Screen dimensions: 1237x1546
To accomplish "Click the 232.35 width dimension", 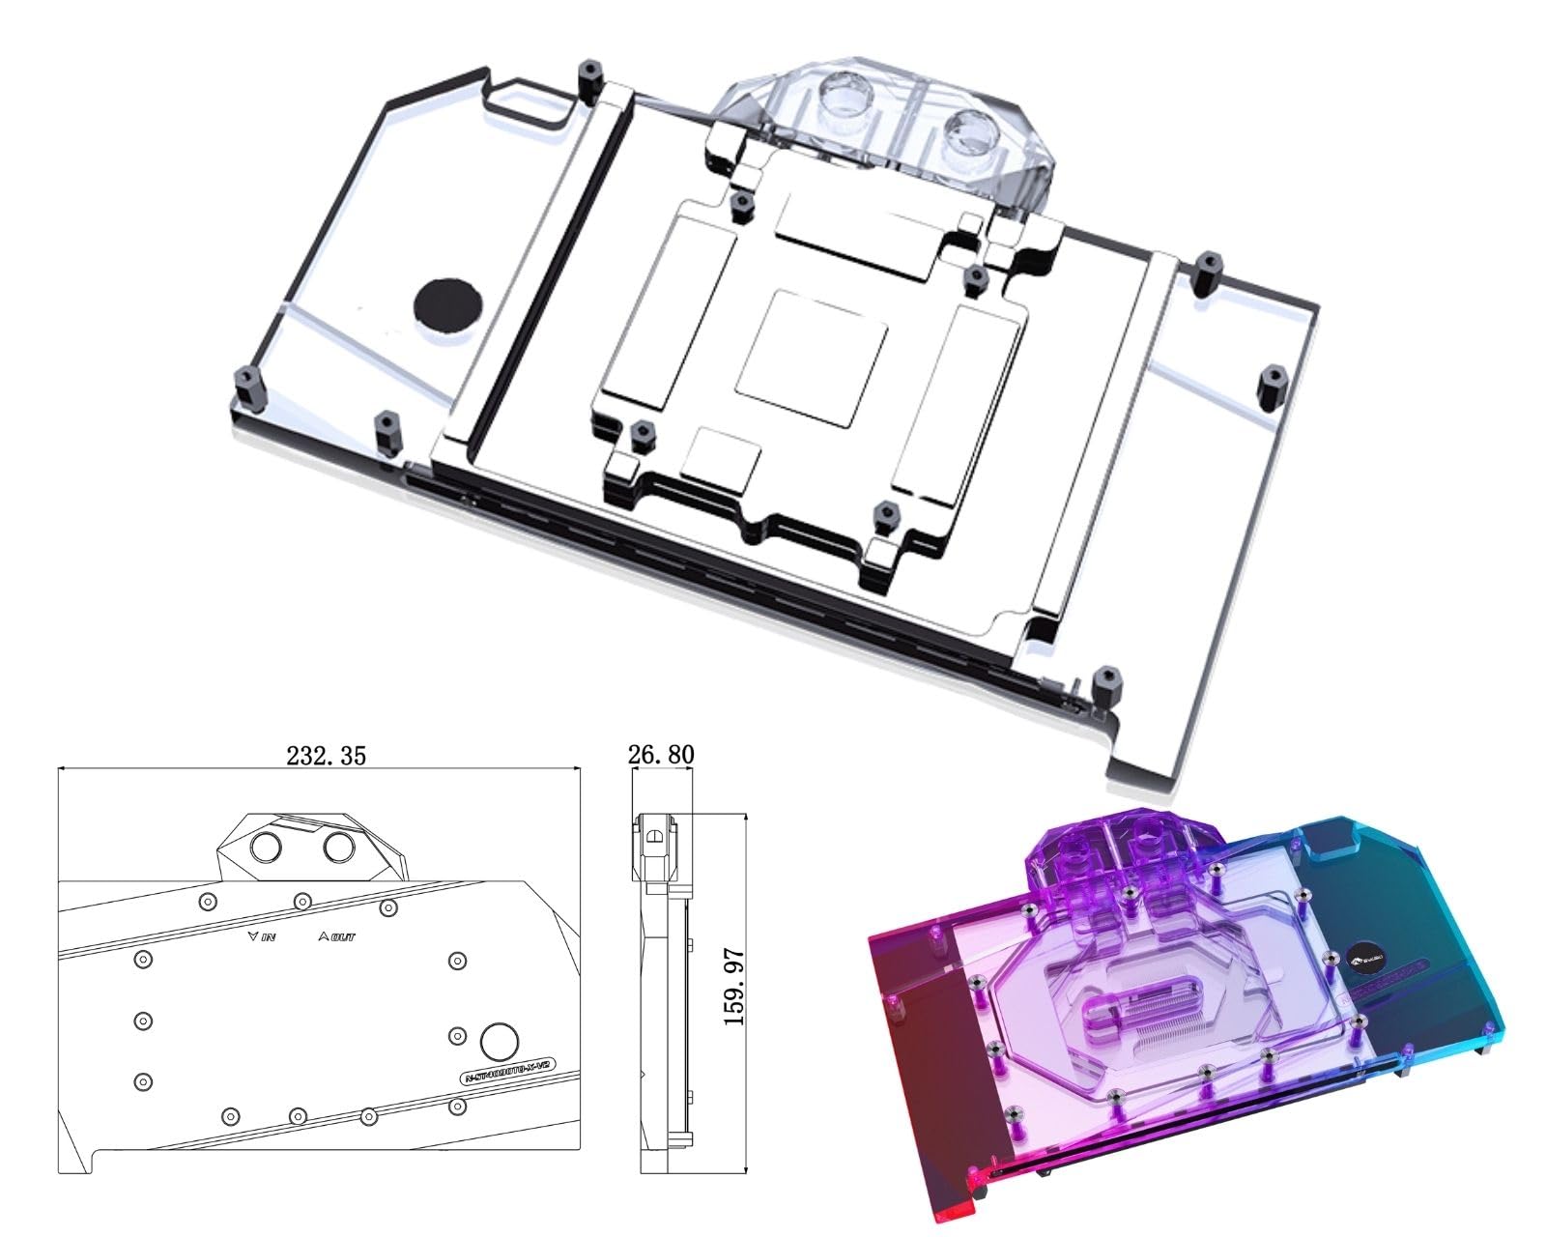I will [326, 756].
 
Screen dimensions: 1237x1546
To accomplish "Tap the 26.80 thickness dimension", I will [661, 754].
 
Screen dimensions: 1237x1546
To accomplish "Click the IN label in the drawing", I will [263, 936].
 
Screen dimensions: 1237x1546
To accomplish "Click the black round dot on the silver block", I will [447, 304].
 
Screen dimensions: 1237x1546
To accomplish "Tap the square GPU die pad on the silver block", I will [812, 358].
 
